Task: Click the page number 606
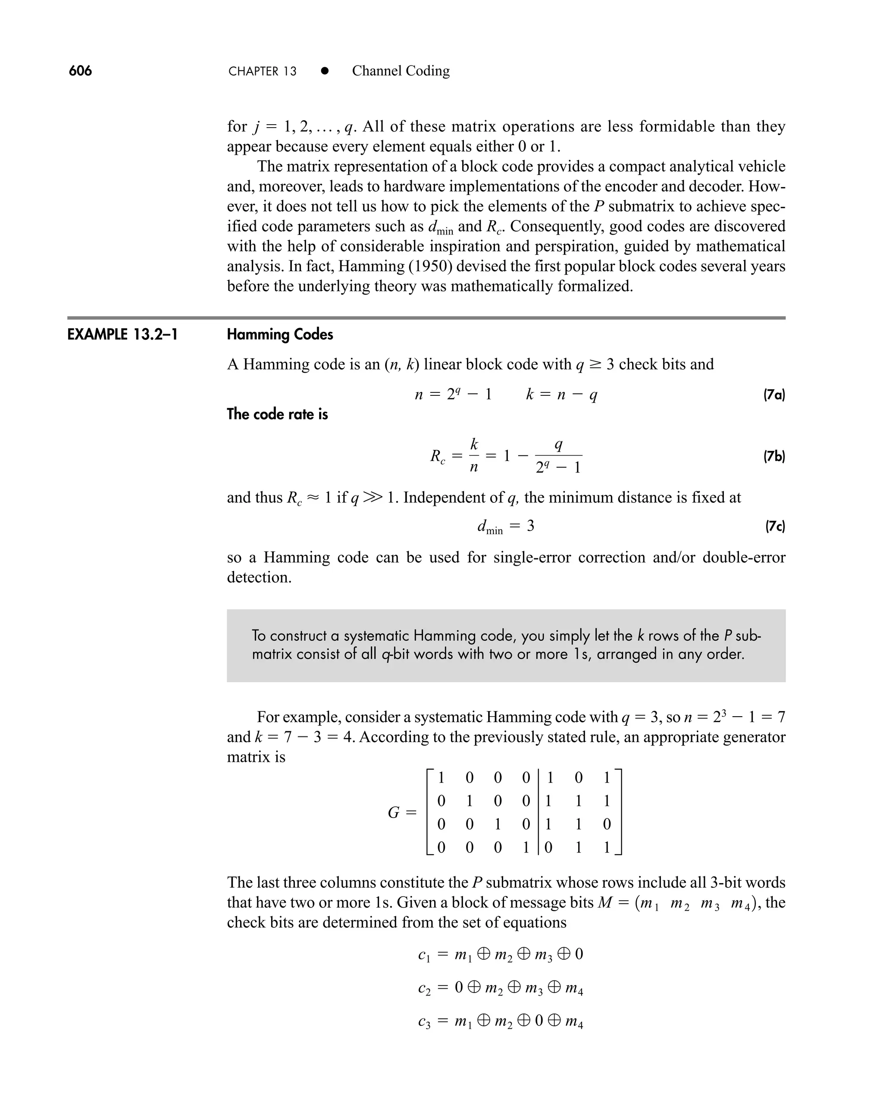coord(80,71)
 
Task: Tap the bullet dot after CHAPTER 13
coord(325,71)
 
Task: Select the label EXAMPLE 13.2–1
coord(122,335)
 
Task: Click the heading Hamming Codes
coord(280,335)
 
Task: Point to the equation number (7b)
coord(773,456)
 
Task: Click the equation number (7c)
coord(775,526)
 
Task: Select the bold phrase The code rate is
coord(277,414)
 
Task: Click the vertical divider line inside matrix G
coord(538,812)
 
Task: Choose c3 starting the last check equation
coord(424,1022)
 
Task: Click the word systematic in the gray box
coord(377,636)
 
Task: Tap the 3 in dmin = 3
coord(530,526)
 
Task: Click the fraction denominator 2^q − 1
coord(558,467)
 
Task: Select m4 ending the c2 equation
coord(574,989)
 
